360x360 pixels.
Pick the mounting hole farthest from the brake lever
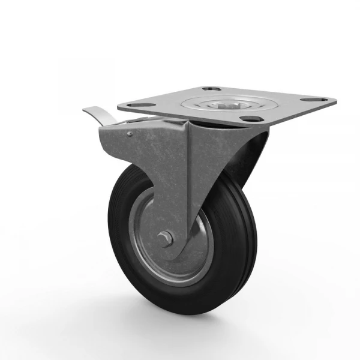point(313,99)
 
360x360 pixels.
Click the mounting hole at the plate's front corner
point(247,118)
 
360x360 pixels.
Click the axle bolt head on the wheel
point(165,239)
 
